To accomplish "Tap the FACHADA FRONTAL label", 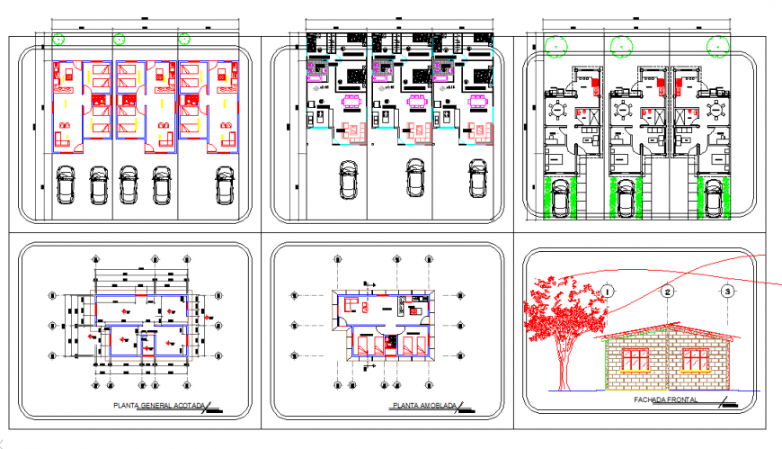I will point(666,400).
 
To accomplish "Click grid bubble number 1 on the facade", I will point(609,291).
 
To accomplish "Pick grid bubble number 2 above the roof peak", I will point(667,291).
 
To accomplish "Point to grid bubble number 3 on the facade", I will point(727,291).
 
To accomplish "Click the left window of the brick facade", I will point(635,359).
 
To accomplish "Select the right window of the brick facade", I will point(695,359).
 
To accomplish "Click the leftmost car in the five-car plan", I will point(66,185).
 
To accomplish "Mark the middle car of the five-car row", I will point(129,185).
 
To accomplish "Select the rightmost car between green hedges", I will point(714,198).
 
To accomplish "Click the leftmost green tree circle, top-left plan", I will point(58,39).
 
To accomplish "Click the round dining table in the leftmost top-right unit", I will point(557,110).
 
